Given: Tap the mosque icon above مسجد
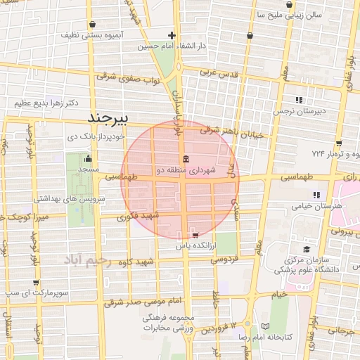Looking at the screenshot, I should [87, 157].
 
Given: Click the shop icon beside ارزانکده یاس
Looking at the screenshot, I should [195, 236].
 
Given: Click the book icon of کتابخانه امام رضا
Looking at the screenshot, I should [264, 326].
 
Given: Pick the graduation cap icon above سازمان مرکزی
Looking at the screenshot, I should [306, 249].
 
